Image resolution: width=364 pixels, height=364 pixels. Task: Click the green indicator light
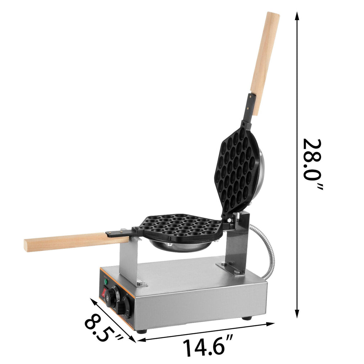[106, 282]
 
